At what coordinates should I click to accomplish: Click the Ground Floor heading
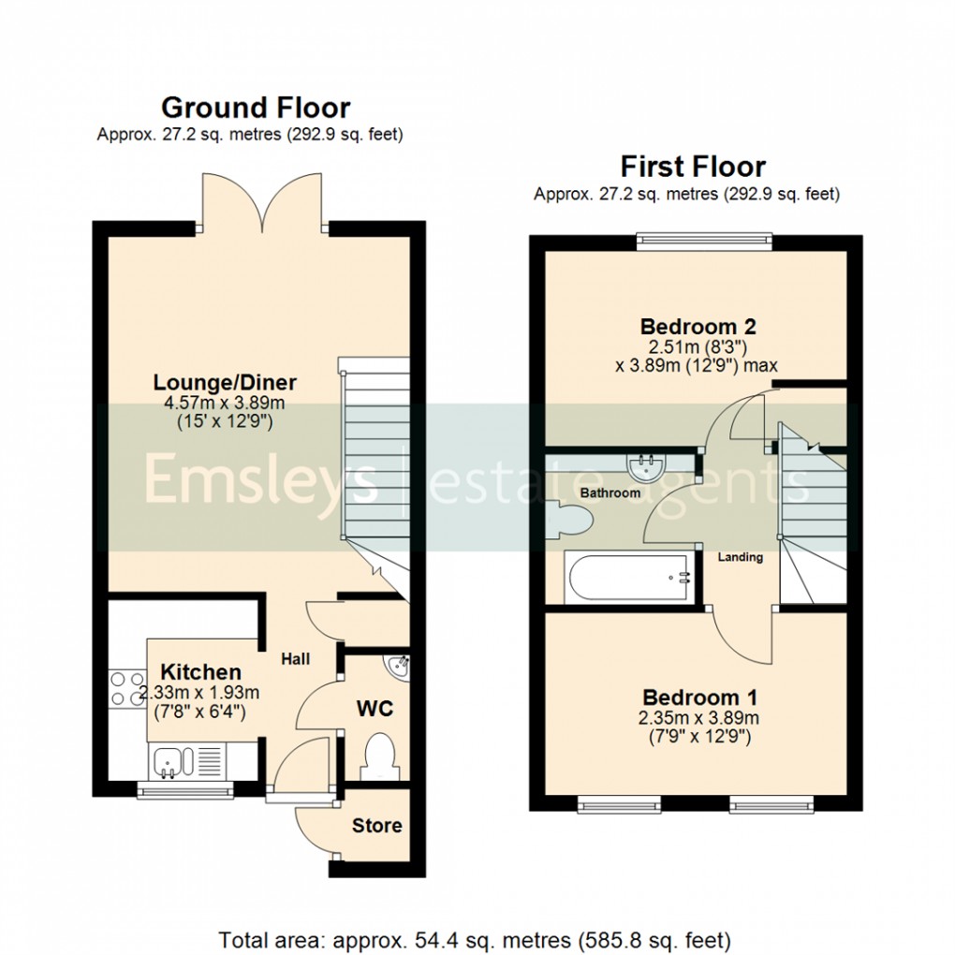point(256,107)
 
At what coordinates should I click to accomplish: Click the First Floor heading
point(693,167)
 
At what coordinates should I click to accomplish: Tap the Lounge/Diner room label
point(225,382)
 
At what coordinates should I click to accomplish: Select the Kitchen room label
point(200,671)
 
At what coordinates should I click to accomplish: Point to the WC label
point(374,708)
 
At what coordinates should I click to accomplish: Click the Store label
point(376,825)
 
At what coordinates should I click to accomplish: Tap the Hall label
point(296,659)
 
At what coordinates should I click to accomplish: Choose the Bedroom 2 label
point(698,327)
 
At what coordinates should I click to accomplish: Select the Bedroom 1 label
point(699,698)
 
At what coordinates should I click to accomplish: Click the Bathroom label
point(610,492)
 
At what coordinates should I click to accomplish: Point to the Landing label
point(740,557)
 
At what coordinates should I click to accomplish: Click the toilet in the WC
point(380,757)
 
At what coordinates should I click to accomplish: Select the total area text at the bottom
point(474,938)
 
